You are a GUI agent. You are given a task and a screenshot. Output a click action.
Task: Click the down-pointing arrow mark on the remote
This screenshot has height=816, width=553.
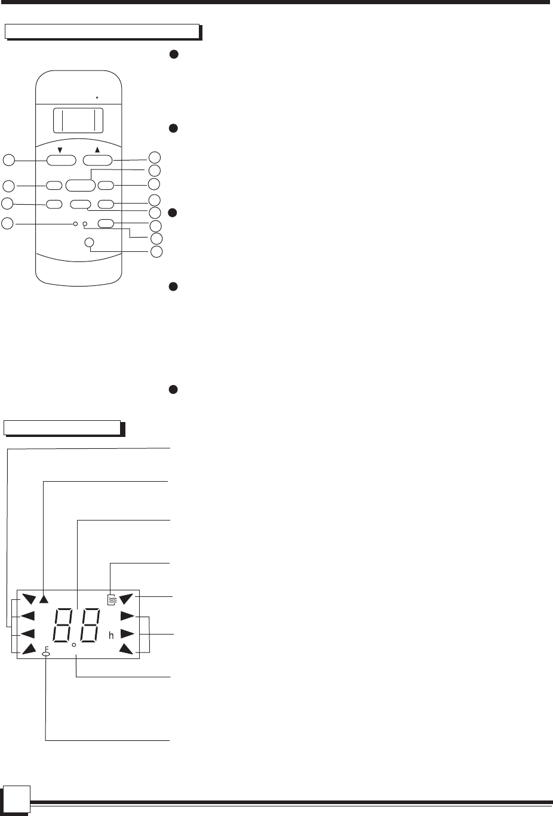(x=60, y=150)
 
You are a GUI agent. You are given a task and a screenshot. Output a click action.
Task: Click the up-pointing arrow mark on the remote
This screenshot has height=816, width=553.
(x=97, y=150)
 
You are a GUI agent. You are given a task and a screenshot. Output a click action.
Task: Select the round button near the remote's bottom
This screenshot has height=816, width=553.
(x=90, y=242)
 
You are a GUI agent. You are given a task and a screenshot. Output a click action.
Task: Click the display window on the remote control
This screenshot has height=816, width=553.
(x=78, y=121)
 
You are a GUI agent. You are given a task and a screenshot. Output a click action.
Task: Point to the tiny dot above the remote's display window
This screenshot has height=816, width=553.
(x=97, y=96)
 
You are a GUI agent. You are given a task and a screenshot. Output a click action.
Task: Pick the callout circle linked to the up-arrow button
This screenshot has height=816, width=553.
(x=155, y=158)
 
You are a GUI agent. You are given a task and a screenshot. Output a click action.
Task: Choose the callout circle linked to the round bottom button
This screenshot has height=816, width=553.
(x=156, y=251)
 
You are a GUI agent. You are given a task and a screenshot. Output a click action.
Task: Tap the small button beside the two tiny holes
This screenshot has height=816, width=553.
(x=106, y=224)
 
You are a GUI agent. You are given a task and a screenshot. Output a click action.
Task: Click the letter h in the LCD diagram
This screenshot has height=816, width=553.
(x=111, y=636)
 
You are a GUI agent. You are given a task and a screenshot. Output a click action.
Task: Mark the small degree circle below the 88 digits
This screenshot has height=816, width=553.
(x=73, y=645)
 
